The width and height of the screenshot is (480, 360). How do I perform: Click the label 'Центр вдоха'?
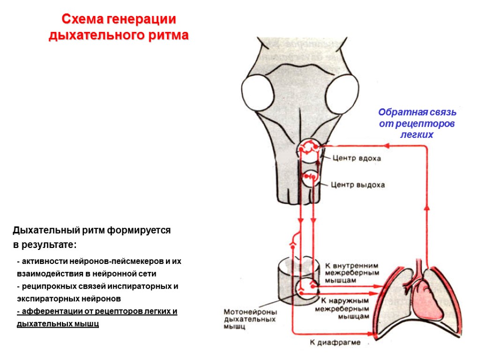coord(357,158)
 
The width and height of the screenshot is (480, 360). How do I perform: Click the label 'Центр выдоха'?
coord(358,185)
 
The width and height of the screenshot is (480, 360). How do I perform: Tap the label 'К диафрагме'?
coord(335,343)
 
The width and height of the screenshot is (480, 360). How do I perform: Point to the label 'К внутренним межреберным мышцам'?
coord(345,272)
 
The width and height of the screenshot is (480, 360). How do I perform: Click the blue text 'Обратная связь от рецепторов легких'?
coord(417,123)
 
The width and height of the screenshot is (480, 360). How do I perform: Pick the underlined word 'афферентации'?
coord(45,311)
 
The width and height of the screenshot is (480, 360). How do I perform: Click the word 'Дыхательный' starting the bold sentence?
coord(41,230)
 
